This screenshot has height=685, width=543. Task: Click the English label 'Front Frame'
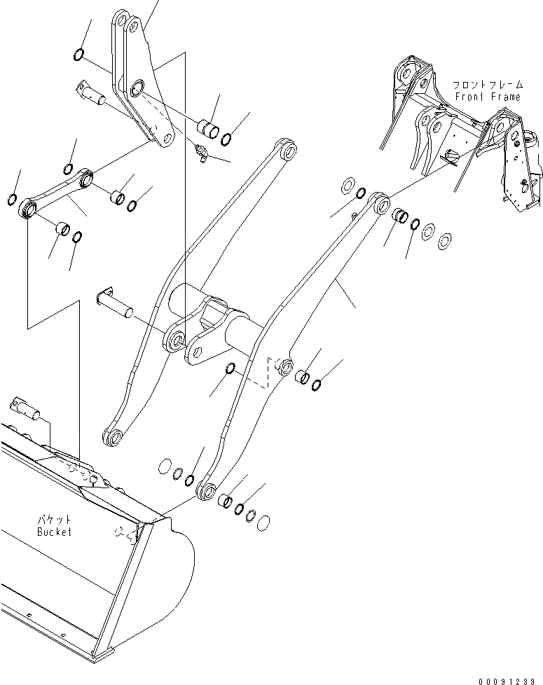488,97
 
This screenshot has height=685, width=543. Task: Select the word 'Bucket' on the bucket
55,532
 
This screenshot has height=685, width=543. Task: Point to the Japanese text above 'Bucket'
55,520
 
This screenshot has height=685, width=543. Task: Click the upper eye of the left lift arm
287,150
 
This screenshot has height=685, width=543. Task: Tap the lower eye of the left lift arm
114,438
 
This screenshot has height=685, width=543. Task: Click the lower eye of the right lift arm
205,490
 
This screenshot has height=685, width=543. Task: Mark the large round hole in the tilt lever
137,88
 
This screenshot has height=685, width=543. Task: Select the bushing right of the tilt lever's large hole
207,130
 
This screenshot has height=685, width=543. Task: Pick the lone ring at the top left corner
79,55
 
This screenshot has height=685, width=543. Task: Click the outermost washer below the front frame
444,242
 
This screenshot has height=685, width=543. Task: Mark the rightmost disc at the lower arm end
264,522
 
